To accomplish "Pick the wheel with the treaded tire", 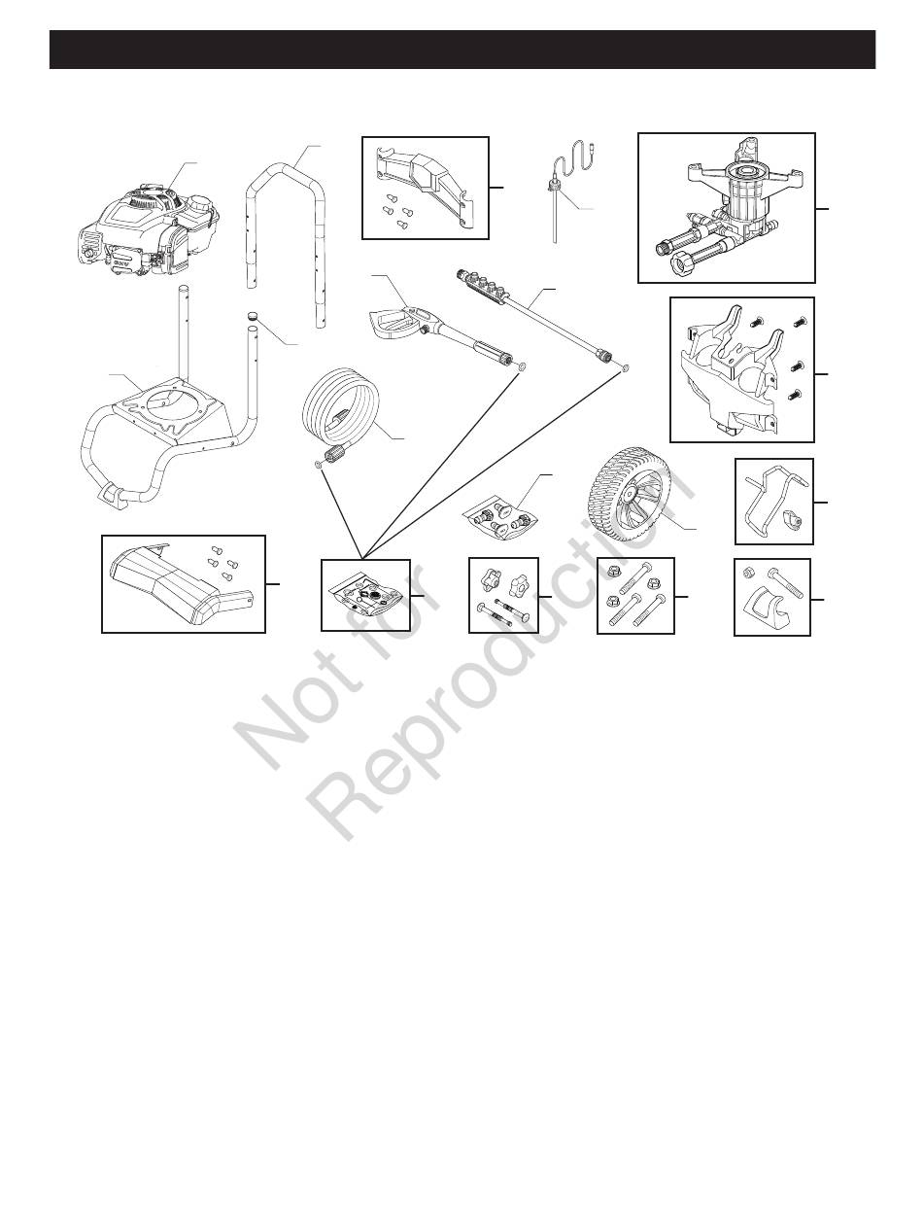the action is click(629, 494).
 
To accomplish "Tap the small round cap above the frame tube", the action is click(253, 317).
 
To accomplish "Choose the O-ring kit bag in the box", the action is click(364, 597).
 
